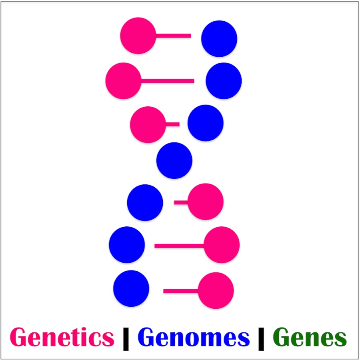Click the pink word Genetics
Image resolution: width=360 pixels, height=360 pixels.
[62, 337]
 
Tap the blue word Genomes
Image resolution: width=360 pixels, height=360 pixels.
[194, 337]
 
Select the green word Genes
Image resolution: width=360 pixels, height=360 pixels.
[310, 337]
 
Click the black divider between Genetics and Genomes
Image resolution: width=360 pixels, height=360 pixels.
[126, 339]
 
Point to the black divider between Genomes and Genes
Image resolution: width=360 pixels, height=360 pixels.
[261, 339]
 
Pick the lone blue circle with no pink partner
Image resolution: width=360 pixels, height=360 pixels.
[174, 160]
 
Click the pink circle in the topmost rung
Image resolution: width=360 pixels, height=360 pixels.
[138, 36]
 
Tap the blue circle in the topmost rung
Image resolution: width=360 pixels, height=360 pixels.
[219, 38]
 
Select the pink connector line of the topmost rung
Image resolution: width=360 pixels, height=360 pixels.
[173, 36]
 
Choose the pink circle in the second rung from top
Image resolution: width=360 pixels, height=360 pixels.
[124, 81]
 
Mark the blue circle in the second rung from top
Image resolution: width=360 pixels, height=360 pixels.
[224, 81]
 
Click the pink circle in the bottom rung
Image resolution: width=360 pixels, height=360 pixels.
[216, 290]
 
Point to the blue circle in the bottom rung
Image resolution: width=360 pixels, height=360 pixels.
[131, 288]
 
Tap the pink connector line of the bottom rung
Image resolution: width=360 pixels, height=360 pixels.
[181, 291]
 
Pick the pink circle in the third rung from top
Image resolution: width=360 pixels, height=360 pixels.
[148, 125]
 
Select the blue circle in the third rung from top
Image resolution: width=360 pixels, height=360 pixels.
[206, 123]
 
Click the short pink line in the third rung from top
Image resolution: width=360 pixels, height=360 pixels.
[172, 124]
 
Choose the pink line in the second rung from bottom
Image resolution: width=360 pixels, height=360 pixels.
[179, 246]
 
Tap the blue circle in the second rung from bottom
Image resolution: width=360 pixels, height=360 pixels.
[127, 245]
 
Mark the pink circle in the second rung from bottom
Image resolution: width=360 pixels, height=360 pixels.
[222, 245]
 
